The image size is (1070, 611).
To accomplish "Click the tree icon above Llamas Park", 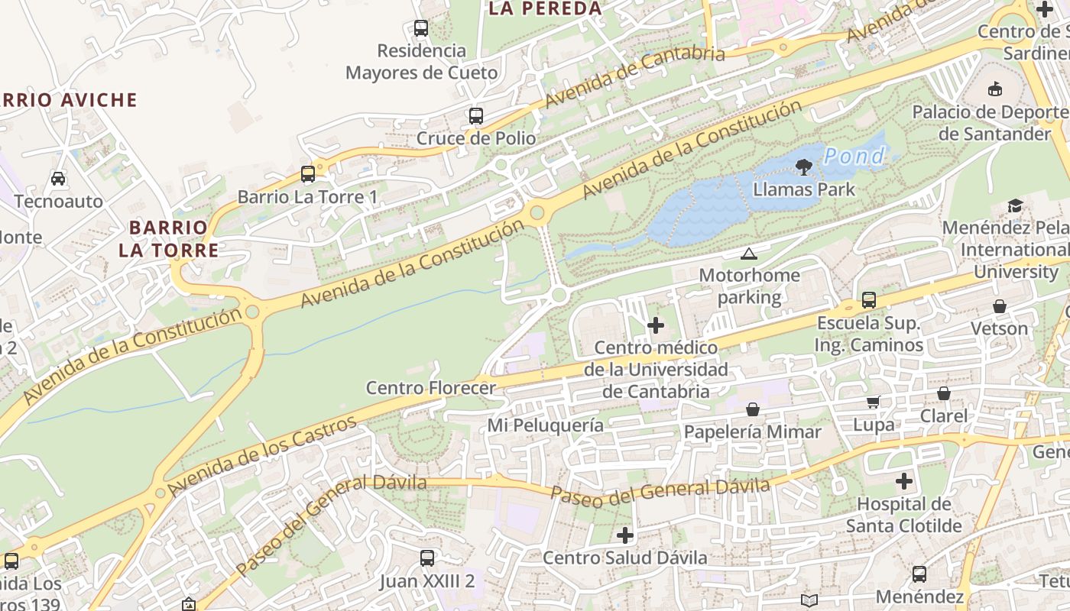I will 803,166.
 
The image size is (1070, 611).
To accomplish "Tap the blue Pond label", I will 854,157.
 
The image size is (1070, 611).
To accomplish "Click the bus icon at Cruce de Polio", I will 476,116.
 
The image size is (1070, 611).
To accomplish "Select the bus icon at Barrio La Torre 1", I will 308,174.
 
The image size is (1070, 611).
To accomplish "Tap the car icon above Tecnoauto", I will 58,179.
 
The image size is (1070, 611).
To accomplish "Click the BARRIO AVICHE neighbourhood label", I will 67,100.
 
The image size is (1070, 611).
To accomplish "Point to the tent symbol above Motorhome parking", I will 748,254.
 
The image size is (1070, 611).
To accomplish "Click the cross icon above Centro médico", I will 655,325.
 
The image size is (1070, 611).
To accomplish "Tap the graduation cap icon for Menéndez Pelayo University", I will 1015,205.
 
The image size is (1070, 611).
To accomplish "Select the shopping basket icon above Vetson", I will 999,306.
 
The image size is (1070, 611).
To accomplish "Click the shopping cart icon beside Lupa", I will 873,402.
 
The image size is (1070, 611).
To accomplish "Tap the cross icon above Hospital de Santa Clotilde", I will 904,481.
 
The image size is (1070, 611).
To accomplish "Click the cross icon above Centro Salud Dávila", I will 625,535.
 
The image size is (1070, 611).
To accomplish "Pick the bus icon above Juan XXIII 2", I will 427,558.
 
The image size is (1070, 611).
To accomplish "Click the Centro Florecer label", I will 431,387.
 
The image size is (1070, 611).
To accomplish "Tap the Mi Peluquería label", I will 546,425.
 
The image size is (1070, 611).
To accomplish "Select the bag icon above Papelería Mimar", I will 753,409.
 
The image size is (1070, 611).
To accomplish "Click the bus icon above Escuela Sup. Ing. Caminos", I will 869,299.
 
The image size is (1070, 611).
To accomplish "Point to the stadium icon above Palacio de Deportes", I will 994,89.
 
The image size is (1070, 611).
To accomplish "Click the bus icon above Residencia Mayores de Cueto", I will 421,28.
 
